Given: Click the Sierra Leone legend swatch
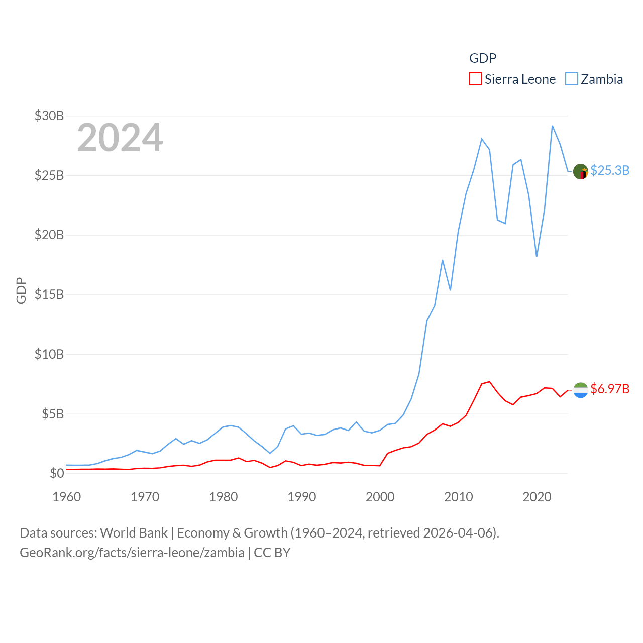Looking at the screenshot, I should [x=475, y=79].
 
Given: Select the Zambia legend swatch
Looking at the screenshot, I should [x=572, y=79].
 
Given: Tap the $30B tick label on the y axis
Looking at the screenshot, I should [x=49, y=116].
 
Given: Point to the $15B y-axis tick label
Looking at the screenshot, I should [x=49, y=294].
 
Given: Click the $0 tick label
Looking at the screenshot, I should [x=57, y=473].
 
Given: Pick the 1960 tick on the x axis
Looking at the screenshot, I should [x=67, y=497].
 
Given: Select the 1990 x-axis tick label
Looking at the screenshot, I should [x=302, y=497].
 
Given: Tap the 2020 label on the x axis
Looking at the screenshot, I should [x=537, y=497].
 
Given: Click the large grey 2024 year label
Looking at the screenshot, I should [x=120, y=137].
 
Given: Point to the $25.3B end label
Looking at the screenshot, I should [x=610, y=170].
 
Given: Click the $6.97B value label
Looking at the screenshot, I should [x=610, y=389].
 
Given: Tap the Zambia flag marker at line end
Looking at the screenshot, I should [x=581, y=172].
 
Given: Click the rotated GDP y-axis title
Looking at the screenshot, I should [x=21, y=290].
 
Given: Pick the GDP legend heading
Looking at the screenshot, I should [x=483, y=58].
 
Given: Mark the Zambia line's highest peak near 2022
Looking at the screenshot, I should [x=552, y=126].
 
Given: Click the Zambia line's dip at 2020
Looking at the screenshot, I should [x=537, y=257].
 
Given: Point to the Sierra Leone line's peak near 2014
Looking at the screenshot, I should [x=489, y=382].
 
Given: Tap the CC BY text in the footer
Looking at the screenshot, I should [x=272, y=553].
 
